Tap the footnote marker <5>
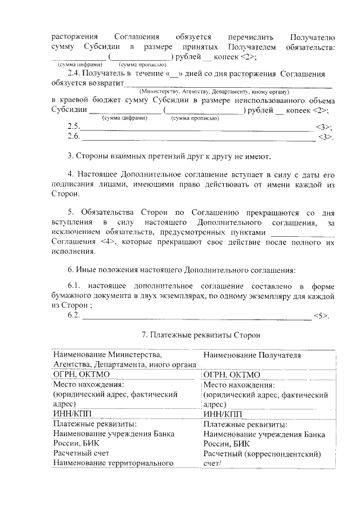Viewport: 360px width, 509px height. pyautogui.click(x=321, y=316)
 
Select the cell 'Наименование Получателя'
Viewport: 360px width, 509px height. pyautogui.click(x=253, y=355)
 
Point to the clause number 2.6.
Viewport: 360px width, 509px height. pyautogui.click(x=73, y=137)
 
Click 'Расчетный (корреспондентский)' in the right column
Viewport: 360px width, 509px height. pyautogui.click(x=262, y=454)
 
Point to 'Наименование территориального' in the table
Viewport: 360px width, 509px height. pyautogui.click(x=112, y=463)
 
